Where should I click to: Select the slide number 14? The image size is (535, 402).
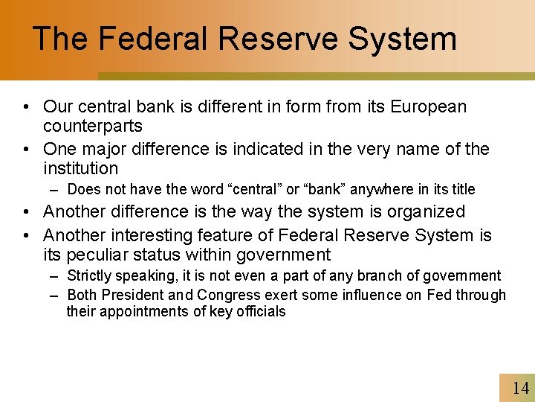pyautogui.click(x=521, y=388)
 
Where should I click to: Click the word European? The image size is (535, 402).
pyautogui.click(x=430, y=106)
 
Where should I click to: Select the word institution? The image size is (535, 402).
pyautogui.click(x=81, y=168)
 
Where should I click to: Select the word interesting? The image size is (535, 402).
pyautogui.click(x=156, y=236)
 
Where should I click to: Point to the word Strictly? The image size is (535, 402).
pyautogui.click(x=89, y=276)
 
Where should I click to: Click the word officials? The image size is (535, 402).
pyautogui.click(x=260, y=312)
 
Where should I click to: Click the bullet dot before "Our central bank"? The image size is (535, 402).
pyautogui.click(x=26, y=107)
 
